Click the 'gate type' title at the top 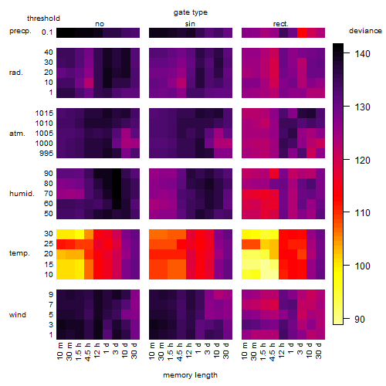click(x=191, y=12)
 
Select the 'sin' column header click(x=190, y=24)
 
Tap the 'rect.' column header click(x=281, y=24)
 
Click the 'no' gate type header click(x=100, y=24)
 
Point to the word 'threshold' click(x=43, y=19)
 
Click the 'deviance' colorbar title click(x=365, y=31)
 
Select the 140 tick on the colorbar click(x=362, y=54)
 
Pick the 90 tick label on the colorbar click(x=360, y=320)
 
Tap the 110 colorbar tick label click(x=362, y=213)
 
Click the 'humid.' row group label click(x=22, y=194)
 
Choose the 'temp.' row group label click(x=19, y=253)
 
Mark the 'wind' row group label click(x=18, y=315)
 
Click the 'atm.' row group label click(x=17, y=134)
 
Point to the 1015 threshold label click(x=44, y=113)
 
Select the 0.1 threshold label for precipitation click(x=47, y=32)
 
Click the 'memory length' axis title click(x=190, y=375)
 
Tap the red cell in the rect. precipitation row click(x=302, y=32)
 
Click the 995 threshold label click(x=46, y=154)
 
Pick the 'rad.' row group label click(x=16, y=73)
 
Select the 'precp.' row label click(x=20, y=31)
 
